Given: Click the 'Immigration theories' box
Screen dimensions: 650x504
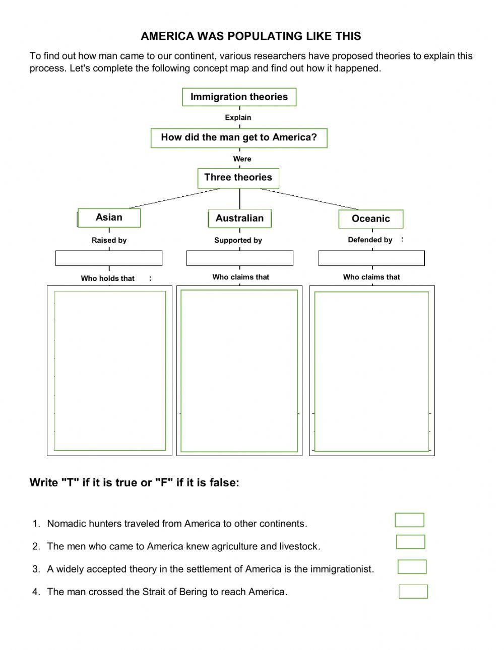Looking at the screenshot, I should tap(239, 97).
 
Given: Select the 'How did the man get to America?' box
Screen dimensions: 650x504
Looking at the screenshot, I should tap(239, 137).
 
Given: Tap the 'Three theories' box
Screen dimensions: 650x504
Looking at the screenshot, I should tap(238, 178).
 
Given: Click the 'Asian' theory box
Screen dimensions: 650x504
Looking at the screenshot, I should tap(109, 218).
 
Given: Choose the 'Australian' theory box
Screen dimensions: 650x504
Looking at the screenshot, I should tap(239, 219).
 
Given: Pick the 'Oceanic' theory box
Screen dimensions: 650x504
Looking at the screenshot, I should tap(371, 219).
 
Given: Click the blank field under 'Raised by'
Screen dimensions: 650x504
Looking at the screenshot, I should tap(109, 258).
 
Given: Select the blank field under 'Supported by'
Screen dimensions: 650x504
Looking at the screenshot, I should tap(240, 258).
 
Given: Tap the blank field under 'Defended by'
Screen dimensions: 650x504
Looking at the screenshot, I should tap(371, 258).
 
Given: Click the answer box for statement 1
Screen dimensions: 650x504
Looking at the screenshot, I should tap(409, 520).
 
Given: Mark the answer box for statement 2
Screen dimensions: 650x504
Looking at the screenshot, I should tap(410, 542).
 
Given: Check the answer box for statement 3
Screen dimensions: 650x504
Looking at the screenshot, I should tap(412, 566).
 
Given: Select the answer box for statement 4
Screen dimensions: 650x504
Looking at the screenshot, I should tap(413, 591).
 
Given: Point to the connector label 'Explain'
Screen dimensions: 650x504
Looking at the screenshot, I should tap(238, 117).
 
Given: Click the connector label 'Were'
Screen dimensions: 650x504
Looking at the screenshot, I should tap(242, 159).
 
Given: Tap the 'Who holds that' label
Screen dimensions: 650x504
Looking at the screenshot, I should tap(108, 278).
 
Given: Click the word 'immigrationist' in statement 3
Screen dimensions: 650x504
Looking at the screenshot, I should tap(342, 569).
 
